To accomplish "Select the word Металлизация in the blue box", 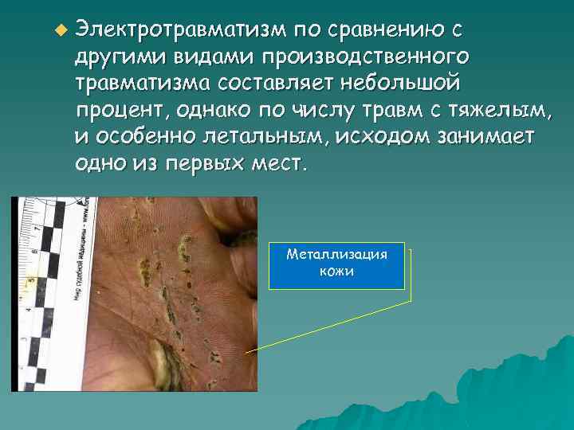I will (337, 255).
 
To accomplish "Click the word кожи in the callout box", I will (337, 271).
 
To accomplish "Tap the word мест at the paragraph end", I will (276, 163).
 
